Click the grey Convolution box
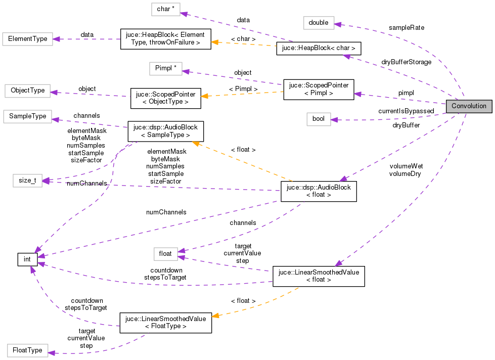coord(468,106)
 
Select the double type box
coord(319,22)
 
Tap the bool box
coord(319,119)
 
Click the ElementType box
coord(25,38)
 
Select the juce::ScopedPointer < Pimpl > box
coord(319,89)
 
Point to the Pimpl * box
coord(165,69)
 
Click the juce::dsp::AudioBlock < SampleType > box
coord(165,131)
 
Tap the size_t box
coord(27,181)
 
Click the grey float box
coord(165,253)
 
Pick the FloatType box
coord(27,350)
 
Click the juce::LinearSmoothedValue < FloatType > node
coord(165,323)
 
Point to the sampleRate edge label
coord(407,27)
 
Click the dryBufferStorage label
coord(407,62)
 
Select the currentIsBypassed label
coord(406,111)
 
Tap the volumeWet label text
coord(406,166)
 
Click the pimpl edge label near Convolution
coord(406,93)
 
